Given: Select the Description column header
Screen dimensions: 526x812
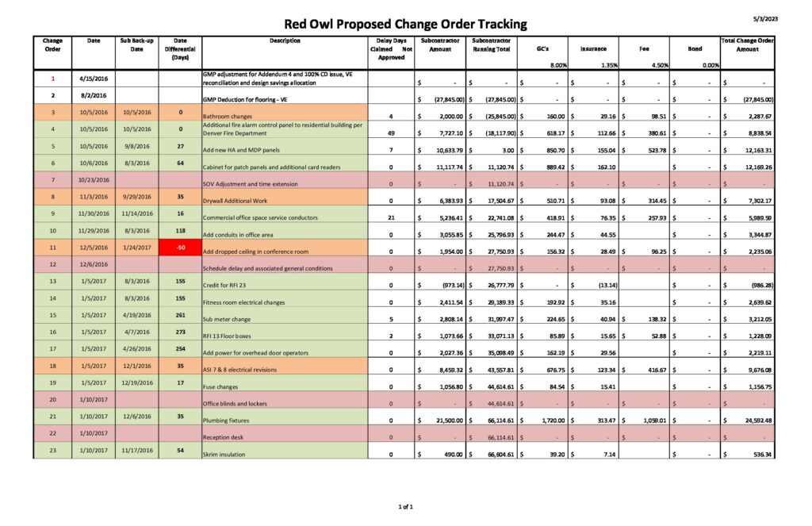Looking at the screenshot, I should pos(285,40).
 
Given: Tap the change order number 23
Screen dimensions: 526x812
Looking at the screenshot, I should pos(52,451).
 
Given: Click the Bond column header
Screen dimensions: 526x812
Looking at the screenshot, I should pos(695,48).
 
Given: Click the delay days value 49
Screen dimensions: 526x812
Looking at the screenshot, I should pos(391,133).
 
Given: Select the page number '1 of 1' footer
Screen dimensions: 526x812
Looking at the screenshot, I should pos(406,506).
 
